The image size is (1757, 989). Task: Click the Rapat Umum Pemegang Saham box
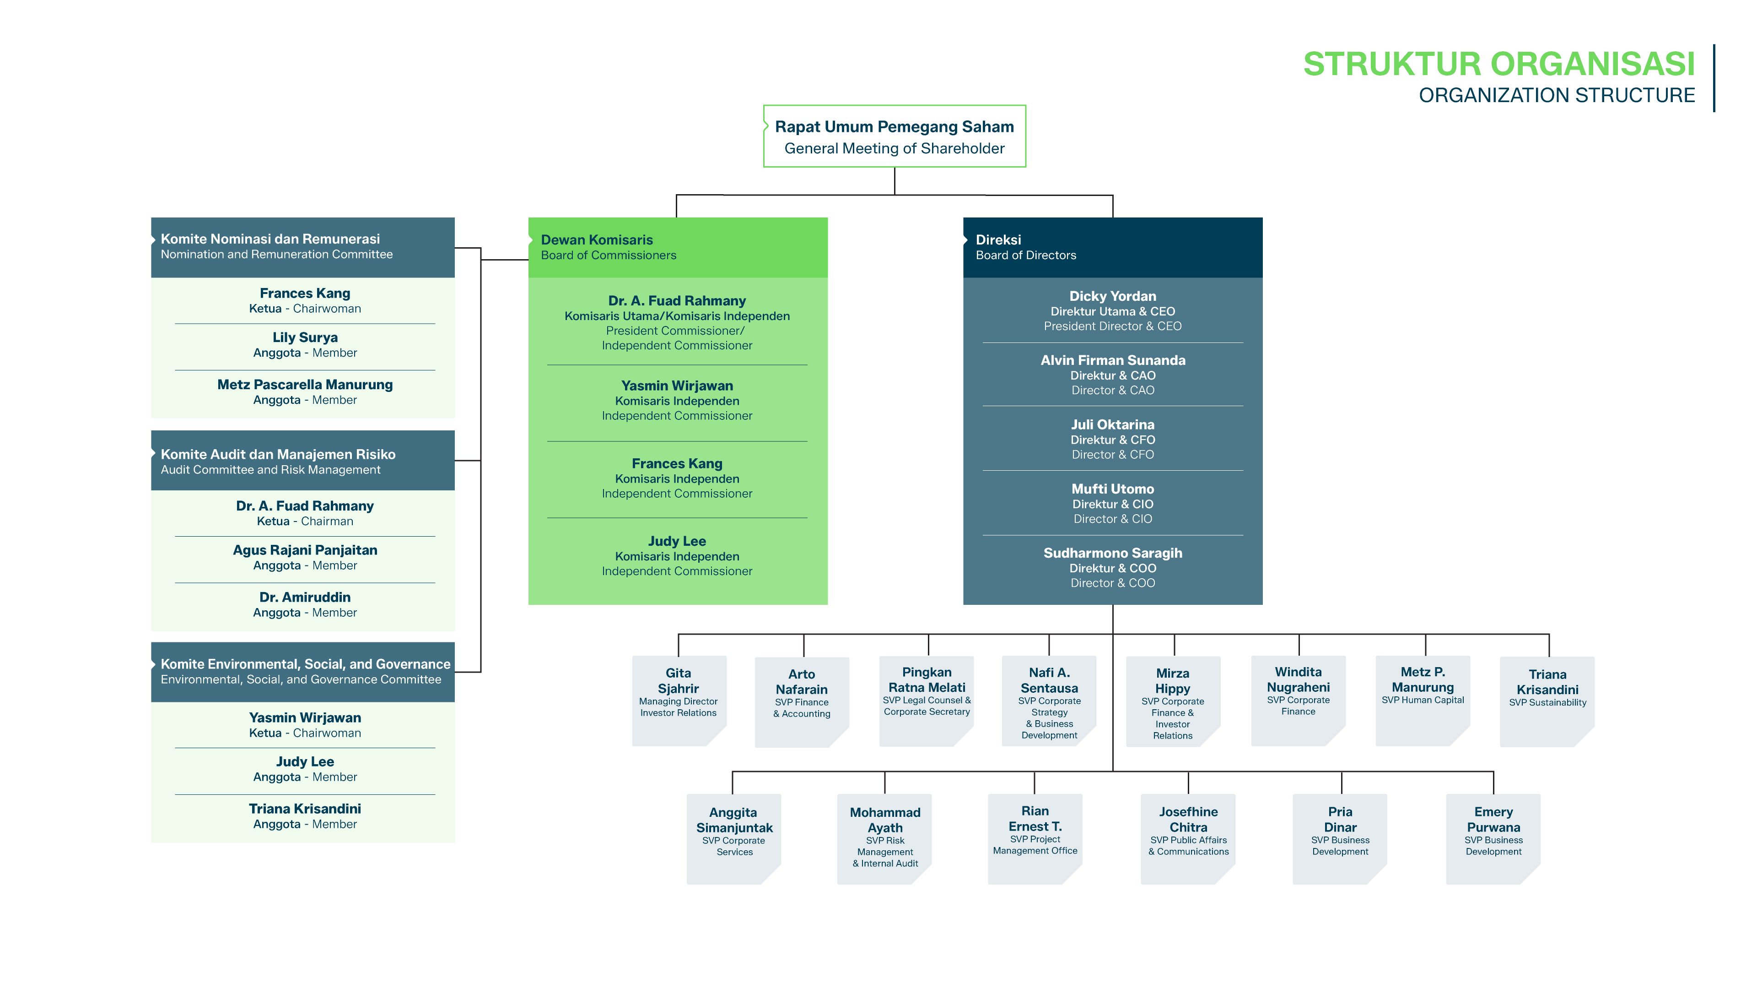[x=894, y=136]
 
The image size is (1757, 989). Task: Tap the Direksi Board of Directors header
[x=1112, y=247]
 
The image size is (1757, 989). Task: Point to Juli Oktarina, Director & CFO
[x=1112, y=439]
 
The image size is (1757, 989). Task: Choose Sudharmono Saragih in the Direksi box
[x=1112, y=553]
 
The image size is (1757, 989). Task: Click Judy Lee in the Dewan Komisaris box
[x=677, y=541]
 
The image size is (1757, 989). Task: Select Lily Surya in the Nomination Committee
[x=305, y=337]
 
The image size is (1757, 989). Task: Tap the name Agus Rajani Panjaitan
[x=305, y=550]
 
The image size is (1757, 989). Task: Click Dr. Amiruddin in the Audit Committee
[x=305, y=597]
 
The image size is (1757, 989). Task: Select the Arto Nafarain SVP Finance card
[x=802, y=701]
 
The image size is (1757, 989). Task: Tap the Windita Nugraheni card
[x=1299, y=701]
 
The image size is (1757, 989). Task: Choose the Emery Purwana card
[x=1493, y=839]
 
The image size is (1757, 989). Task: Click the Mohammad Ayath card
[x=884, y=839]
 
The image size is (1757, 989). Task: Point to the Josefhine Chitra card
[x=1188, y=839]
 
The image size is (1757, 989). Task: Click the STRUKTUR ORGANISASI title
[x=1498, y=64]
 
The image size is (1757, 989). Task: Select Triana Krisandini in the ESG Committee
[x=305, y=809]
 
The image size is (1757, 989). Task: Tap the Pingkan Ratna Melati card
[x=926, y=701]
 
